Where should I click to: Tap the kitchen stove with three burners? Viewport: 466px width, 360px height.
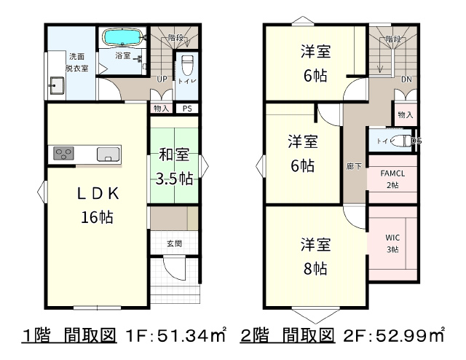[x=63, y=154]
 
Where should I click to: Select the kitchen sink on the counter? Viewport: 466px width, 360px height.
[x=108, y=154]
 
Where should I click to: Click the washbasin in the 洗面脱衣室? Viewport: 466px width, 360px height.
[x=56, y=85]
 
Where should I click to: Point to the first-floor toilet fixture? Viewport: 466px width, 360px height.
[x=188, y=66]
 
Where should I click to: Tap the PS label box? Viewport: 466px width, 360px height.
[x=187, y=109]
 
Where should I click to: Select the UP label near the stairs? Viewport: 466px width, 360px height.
[x=162, y=79]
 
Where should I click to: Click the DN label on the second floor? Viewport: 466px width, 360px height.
[x=406, y=79]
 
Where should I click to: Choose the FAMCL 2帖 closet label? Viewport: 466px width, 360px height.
[x=392, y=179]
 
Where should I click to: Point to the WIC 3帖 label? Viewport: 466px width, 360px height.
[x=392, y=243]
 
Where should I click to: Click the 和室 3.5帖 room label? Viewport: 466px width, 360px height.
[x=175, y=167]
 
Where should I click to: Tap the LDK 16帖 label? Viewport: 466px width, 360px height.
[x=98, y=206]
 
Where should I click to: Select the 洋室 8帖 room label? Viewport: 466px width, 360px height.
[x=315, y=257]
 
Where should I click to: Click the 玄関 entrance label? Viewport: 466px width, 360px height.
[x=174, y=243]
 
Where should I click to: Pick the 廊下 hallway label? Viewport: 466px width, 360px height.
[x=354, y=166]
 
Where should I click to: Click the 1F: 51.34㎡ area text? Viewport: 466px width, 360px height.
[x=176, y=336]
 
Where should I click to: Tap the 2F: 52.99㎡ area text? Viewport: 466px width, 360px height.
[x=394, y=336]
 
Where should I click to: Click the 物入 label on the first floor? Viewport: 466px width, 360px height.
[x=162, y=109]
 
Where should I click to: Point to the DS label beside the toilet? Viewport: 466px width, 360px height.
[x=416, y=141]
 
